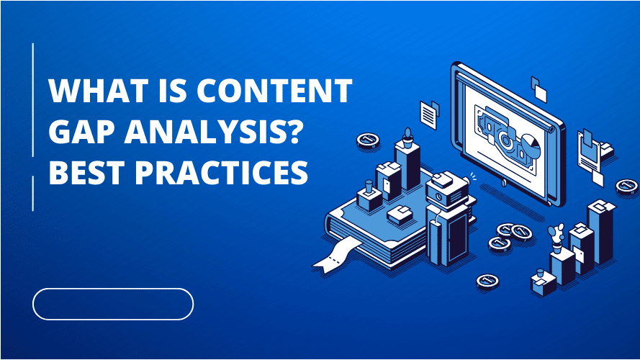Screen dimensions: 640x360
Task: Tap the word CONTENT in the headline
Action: (x=274, y=90)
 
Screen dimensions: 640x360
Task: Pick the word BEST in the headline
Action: (x=86, y=172)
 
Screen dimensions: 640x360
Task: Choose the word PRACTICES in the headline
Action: (x=221, y=172)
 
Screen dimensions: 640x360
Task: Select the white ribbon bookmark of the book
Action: (x=336, y=255)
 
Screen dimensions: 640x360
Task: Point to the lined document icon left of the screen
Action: (x=428, y=114)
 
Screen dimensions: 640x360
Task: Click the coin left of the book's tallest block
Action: (x=368, y=140)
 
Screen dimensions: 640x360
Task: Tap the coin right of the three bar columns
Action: (x=627, y=186)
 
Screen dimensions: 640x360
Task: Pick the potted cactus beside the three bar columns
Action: (x=556, y=238)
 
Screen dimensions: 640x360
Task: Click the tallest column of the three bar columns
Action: (x=600, y=230)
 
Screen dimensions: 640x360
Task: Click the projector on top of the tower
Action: (x=446, y=189)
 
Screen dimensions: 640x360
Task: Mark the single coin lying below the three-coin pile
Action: (x=487, y=281)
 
